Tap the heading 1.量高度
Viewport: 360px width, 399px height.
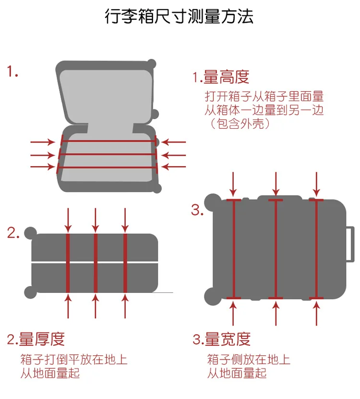221,76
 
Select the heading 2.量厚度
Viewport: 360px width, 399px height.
36,339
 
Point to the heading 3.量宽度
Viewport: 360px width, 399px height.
222,339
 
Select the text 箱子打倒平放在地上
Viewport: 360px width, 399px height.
74,359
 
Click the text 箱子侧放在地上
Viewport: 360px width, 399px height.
249,359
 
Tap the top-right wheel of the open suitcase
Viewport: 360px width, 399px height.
152,64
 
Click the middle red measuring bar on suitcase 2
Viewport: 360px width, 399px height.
96,262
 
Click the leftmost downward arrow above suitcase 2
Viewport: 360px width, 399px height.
68,220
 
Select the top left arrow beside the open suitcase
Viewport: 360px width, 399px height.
43,142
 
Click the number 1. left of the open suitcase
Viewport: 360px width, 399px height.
12,73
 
